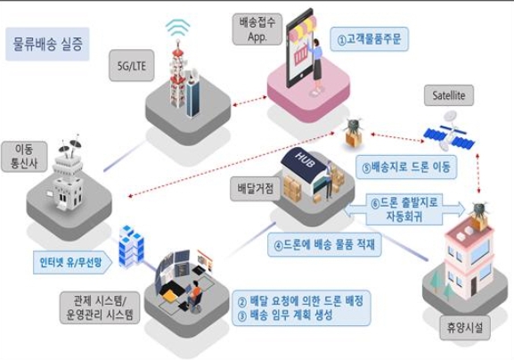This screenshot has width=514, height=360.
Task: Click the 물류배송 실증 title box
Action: point(47,44)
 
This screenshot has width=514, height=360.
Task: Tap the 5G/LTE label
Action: point(132,66)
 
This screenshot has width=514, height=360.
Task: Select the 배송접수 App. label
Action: point(257,29)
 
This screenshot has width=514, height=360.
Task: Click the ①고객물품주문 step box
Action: point(369,39)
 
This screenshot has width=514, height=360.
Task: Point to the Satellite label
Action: point(449,95)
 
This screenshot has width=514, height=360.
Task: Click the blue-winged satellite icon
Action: point(450,132)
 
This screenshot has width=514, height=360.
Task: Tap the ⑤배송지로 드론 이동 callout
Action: point(406,167)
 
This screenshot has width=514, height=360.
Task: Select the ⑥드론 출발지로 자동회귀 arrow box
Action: point(404,209)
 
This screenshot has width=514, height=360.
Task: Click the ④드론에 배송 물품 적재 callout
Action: point(324,244)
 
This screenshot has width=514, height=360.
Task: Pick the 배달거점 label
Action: point(256,189)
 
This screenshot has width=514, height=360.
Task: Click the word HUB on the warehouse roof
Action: point(305,160)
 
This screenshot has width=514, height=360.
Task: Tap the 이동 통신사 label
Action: point(24,157)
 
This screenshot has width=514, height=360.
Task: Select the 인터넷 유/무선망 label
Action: point(72,262)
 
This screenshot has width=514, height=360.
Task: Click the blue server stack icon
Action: point(131,246)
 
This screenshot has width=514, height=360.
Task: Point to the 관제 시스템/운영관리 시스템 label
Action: point(100,307)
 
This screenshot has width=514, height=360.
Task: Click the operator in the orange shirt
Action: point(196,295)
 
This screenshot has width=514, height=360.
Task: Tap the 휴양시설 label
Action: point(465,328)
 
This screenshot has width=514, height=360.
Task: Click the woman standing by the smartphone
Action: point(316,67)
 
